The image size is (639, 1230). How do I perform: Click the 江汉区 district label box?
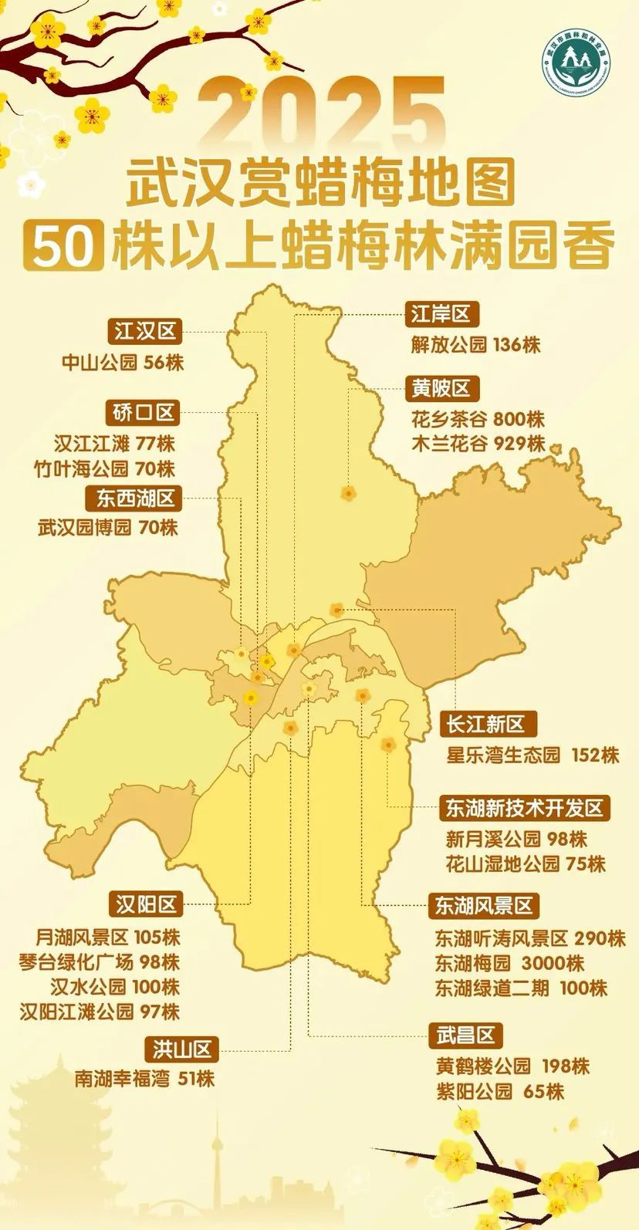click(x=145, y=332)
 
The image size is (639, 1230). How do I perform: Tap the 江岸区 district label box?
click(x=441, y=314)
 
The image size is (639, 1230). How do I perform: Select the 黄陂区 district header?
click(x=441, y=388)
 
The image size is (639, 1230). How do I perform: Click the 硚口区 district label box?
click(x=145, y=413)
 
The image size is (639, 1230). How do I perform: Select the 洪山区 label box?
click(x=182, y=1049)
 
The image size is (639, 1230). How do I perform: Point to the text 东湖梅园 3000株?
click(x=509, y=963)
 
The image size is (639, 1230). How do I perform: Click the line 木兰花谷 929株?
click(x=478, y=444)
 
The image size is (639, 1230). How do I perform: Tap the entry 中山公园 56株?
click(x=123, y=363)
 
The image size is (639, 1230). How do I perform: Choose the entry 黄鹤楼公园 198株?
click(x=512, y=1066)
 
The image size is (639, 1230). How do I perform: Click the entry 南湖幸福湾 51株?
click(x=144, y=1079)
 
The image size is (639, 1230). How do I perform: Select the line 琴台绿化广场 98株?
click(x=100, y=962)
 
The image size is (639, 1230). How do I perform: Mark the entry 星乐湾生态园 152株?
click(x=532, y=755)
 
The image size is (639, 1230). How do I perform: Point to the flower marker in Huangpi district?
click(x=348, y=493)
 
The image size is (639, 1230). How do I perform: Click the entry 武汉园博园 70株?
click(x=108, y=529)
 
